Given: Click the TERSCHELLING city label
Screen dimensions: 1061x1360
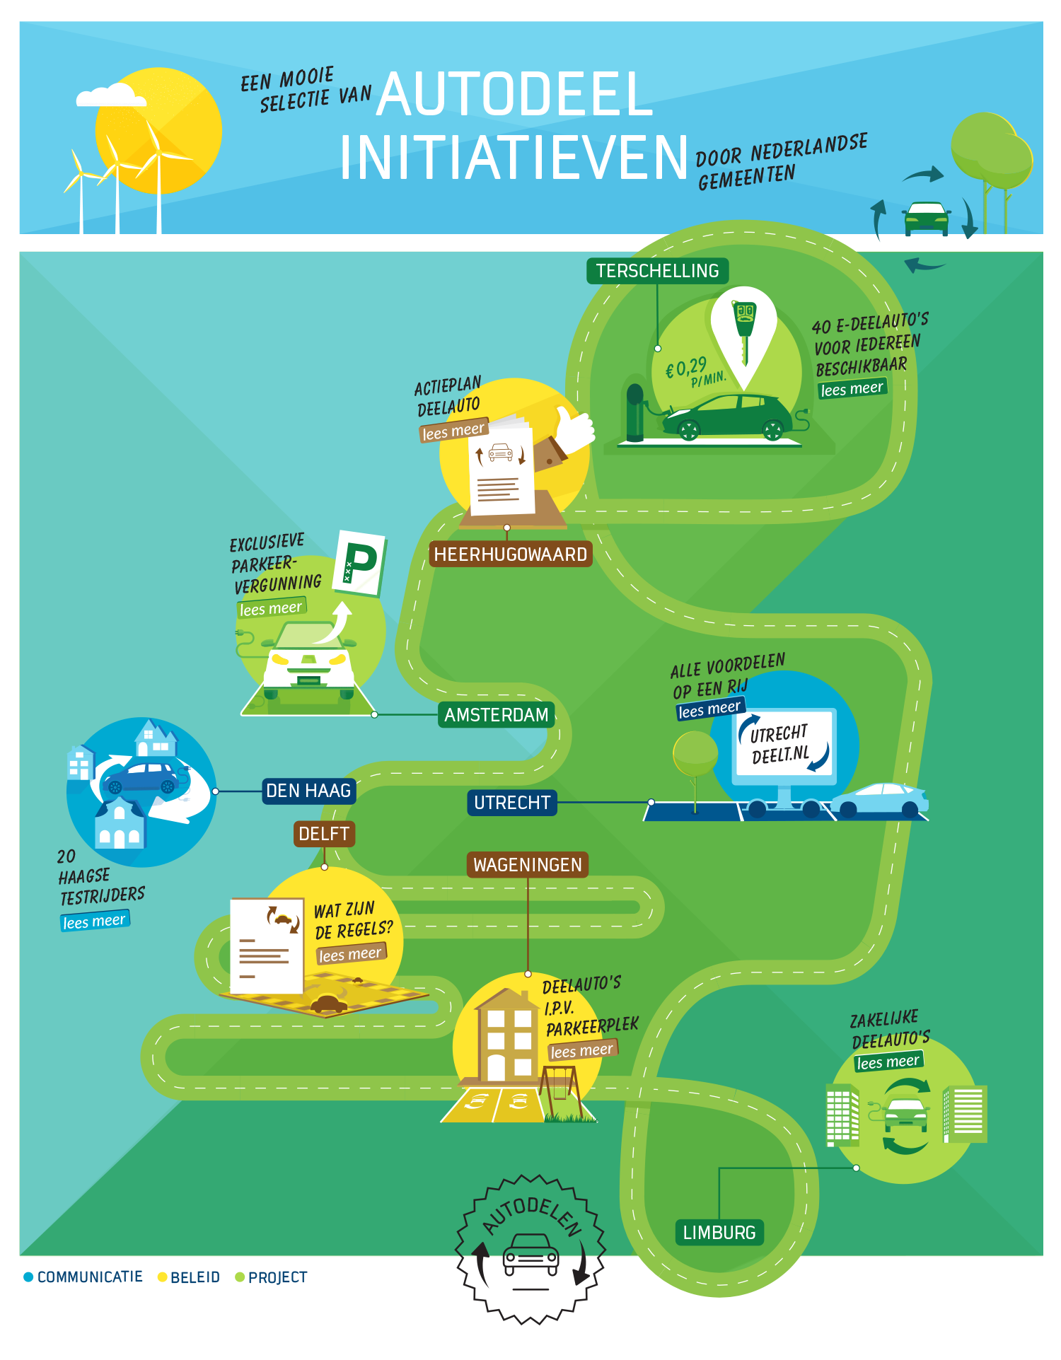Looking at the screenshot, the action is click(x=657, y=271).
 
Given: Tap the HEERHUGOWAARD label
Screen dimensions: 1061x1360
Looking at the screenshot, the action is click(x=510, y=554).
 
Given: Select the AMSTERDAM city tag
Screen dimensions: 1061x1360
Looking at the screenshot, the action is click(x=496, y=715).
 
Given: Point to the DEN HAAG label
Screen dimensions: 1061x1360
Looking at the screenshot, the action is click(x=308, y=791).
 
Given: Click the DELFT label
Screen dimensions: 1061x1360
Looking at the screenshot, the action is click(x=324, y=834).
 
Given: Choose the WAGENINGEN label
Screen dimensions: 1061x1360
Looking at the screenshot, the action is click(x=527, y=865).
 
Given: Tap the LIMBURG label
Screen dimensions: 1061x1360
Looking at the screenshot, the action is click(x=719, y=1233).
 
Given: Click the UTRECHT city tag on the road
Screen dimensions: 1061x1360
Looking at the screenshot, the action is click(x=511, y=803).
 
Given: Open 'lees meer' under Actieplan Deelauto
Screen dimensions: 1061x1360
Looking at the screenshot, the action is click(x=453, y=431).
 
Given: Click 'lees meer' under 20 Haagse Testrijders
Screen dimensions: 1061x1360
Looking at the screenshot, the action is click(x=94, y=921).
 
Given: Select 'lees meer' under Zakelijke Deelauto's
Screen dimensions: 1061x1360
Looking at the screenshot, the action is click(x=888, y=1062).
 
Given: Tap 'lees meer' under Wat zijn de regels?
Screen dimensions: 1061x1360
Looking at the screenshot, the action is click(x=350, y=954).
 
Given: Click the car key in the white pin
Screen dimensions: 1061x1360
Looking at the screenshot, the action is click(x=744, y=327).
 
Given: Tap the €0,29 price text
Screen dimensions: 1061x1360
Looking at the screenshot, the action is click(x=687, y=367).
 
